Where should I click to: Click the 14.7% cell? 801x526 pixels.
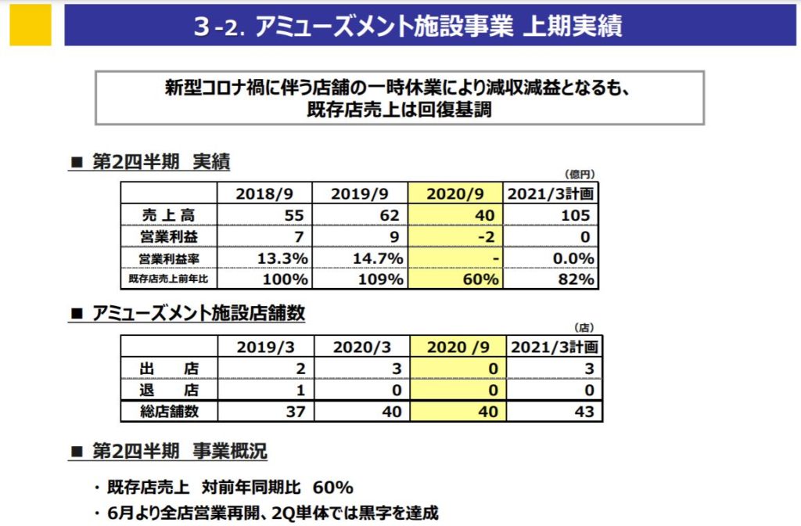378,258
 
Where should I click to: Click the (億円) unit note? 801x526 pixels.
580,173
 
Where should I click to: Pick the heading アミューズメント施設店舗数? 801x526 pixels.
198,314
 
